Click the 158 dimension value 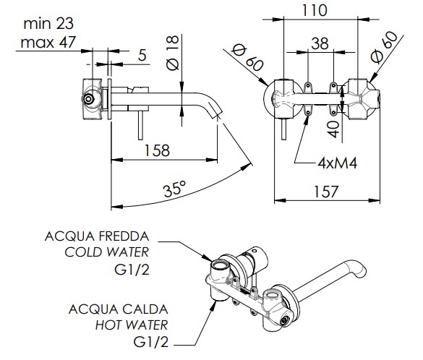157,150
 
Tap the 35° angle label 175,189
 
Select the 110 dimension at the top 315,10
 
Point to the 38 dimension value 320,43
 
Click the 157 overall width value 326,192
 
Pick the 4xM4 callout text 338,163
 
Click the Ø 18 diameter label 173,53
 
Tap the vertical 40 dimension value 334,129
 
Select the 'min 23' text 48,24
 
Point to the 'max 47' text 48,43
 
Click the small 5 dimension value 142,55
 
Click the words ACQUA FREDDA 97,236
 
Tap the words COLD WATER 107,252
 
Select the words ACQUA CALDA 119,309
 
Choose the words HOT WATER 132,325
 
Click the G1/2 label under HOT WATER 151,342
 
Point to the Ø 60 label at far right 384,48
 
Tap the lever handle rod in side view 140,125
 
